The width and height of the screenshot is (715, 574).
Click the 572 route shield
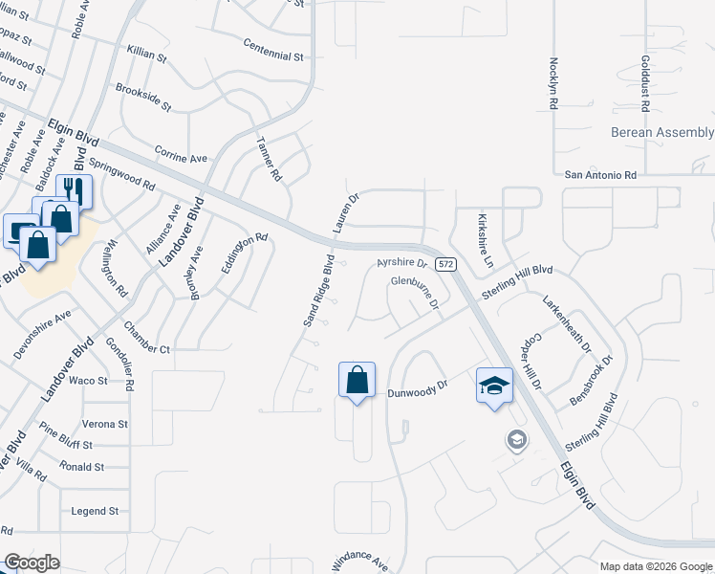444,263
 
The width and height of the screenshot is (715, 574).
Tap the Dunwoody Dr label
418,389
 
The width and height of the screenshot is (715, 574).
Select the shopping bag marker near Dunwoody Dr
357,380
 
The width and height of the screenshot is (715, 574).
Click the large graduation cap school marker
494,386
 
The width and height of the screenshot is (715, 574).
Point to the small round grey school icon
517,440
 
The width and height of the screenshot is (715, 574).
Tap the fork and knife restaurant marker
75,191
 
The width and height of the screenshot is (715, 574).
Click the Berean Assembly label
662,133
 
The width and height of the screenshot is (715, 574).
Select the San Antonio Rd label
600,175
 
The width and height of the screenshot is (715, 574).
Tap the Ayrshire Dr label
400,261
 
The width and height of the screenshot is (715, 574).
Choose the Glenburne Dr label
414,291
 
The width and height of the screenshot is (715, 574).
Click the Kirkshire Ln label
485,240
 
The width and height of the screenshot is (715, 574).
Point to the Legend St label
95,512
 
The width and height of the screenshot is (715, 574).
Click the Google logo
32,563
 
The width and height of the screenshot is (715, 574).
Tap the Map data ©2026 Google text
655,566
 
